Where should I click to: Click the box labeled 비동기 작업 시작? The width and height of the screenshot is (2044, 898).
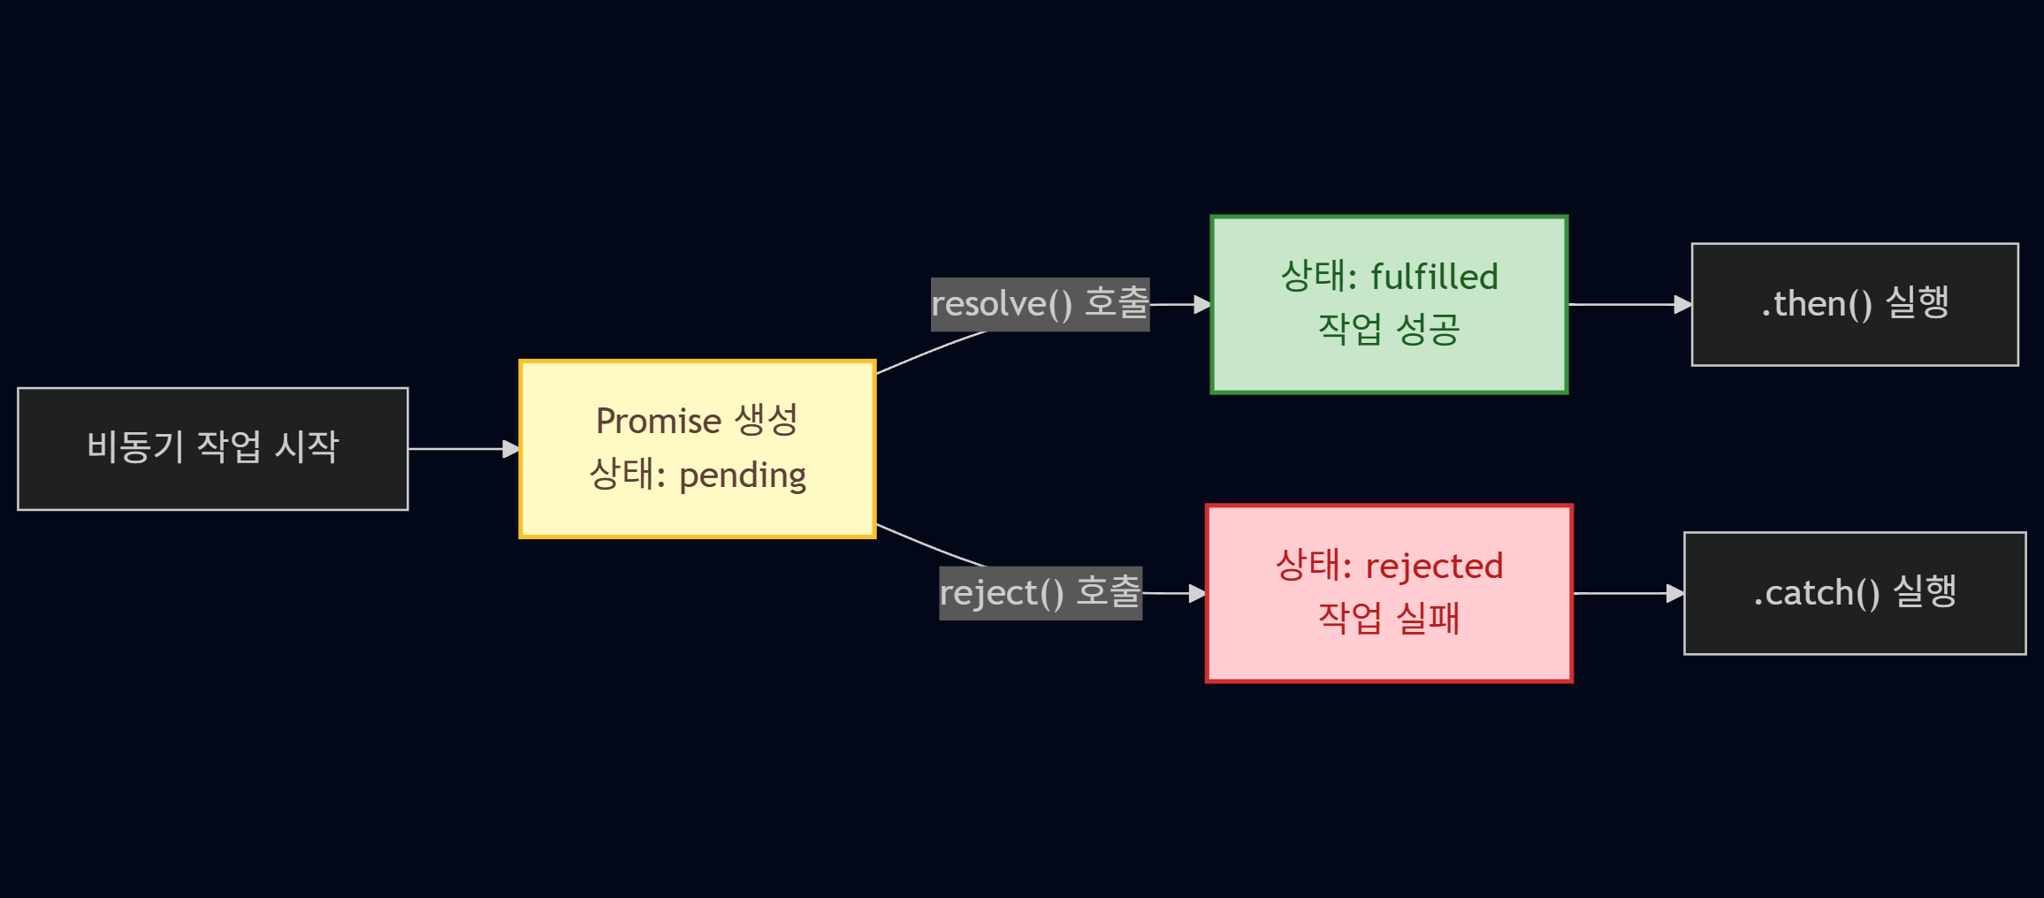[x=212, y=448]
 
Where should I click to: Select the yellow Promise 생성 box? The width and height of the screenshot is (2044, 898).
[x=697, y=448]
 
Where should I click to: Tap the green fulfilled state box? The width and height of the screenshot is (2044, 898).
[x=1388, y=304]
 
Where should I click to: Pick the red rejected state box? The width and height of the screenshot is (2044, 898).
[x=1388, y=593]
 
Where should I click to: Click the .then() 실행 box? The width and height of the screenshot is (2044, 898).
[x=1854, y=304]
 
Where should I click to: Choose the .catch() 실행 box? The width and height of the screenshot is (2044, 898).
[x=1854, y=593]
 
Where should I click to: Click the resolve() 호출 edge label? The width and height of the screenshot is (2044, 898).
[x=1040, y=304]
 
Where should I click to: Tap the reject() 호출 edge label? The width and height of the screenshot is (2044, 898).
[x=1040, y=593]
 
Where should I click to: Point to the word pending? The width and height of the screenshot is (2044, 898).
[x=742, y=476]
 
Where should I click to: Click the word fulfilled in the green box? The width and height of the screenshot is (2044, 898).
[x=1434, y=278]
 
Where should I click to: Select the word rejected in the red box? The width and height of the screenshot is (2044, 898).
[x=1434, y=567]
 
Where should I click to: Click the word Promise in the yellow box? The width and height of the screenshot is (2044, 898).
[x=659, y=422]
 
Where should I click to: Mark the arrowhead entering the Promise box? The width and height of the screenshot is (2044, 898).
[x=511, y=449]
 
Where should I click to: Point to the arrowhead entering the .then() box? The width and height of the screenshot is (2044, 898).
[x=1683, y=304]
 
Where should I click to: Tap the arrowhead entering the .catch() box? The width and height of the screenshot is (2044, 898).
[x=1675, y=593]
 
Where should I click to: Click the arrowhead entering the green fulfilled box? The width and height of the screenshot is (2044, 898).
[x=1202, y=304]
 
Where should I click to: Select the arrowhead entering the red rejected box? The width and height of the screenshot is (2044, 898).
[x=1198, y=593]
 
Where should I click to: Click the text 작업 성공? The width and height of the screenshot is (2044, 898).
[x=1388, y=330]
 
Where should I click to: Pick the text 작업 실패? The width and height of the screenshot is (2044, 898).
[x=1388, y=618]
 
